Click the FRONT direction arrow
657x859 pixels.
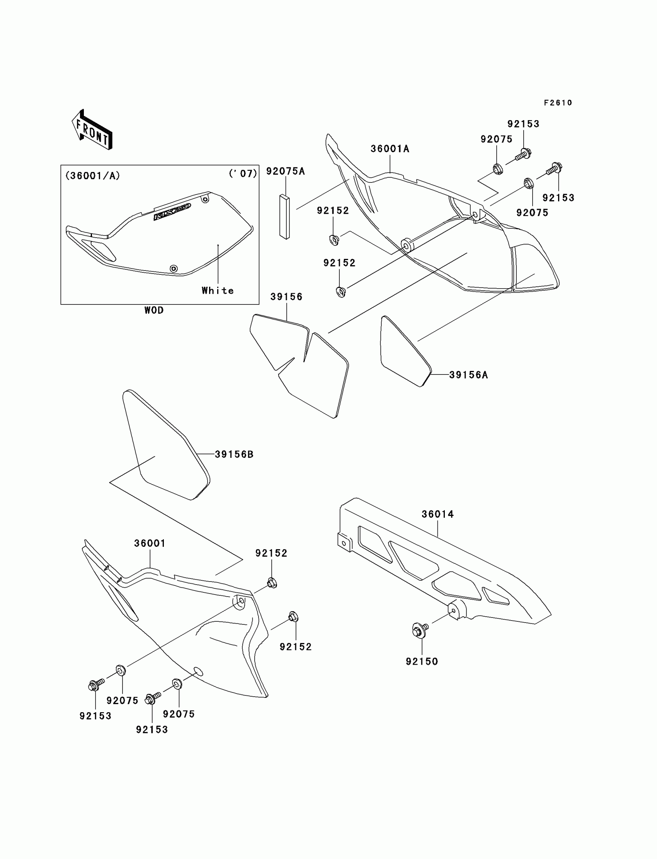(x=92, y=129)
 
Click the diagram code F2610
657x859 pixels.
(x=558, y=103)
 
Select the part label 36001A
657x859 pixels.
(x=390, y=149)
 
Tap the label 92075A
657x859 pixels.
(x=285, y=171)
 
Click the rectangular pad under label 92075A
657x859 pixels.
(x=285, y=217)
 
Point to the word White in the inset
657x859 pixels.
(x=218, y=291)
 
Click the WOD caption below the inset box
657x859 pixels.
(x=154, y=310)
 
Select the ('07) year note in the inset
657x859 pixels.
(x=243, y=174)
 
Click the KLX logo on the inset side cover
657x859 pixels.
(x=172, y=211)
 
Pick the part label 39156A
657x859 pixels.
(x=468, y=375)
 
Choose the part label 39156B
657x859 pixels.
(x=234, y=454)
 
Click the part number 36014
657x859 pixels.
(x=437, y=514)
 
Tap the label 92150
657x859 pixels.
(x=422, y=662)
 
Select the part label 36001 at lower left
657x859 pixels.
(x=150, y=543)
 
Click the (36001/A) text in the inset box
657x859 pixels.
(x=93, y=176)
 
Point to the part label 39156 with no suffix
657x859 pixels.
(x=286, y=297)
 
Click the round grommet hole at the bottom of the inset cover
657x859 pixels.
(x=174, y=269)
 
